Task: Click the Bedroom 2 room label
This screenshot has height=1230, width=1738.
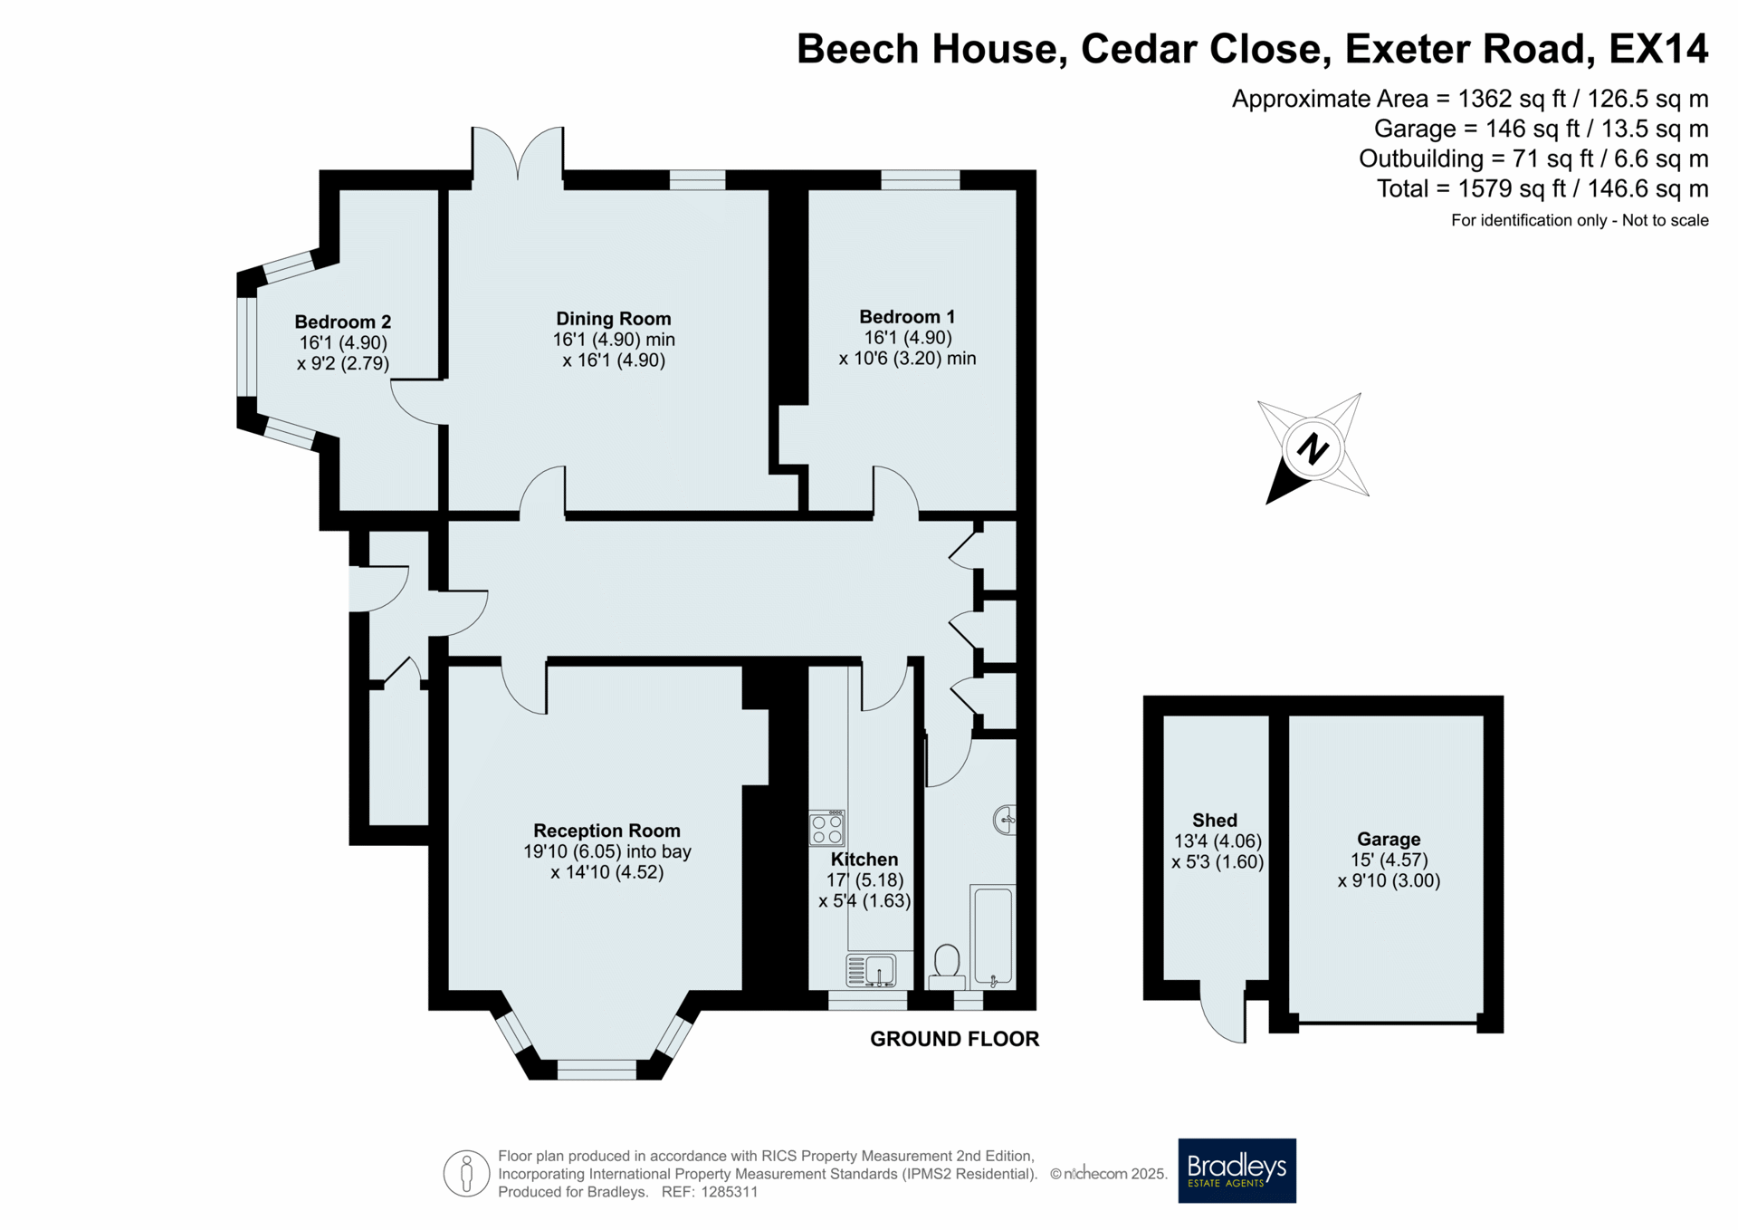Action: pyautogui.click(x=343, y=322)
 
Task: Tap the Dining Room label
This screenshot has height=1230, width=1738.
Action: pyautogui.click(x=614, y=319)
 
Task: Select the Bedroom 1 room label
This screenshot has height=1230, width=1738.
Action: pyautogui.click(x=907, y=317)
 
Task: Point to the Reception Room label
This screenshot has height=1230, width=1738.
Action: pyautogui.click(x=606, y=831)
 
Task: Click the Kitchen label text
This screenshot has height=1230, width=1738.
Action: pyautogui.click(x=864, y=860)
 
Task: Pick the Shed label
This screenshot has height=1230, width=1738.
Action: pyautogui.click(x=1215, y=821)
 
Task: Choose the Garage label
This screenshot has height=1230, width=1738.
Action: pyautogui.click(x=1389, y=840)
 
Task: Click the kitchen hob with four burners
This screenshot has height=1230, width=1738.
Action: pyautogui.click(x=826, y=828)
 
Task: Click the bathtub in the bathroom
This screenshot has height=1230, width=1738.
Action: pyautogui.click(x=993, y=937)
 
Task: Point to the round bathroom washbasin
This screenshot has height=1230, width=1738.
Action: pyautogui.click(x=1005, y=821)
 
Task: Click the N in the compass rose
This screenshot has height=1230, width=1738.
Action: pyautogui.click(x=1313, y=448)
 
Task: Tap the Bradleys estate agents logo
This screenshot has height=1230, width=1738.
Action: pyautogui.click(x=1237, y=1170)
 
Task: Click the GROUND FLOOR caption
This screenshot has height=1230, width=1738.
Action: pyautogui.click(x=954, y=1039)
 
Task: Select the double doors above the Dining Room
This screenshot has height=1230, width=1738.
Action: pyautogui.click(x=518, y=152)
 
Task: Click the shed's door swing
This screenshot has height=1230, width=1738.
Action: pyautogui.click(x=1223, y=1012)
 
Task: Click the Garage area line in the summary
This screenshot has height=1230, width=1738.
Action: pyautogui.click(x=1541, y=129)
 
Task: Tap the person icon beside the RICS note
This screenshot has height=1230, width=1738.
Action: pyautogui.click(x=466, y=1174)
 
